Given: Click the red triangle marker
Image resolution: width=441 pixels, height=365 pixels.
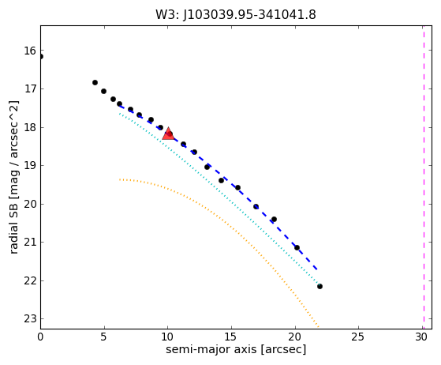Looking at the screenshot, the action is point(168,134).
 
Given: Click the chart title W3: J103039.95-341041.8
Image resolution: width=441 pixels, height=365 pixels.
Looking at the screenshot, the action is point(236,14).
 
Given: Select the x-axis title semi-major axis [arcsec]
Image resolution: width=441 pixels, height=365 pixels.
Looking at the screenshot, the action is point(236,349).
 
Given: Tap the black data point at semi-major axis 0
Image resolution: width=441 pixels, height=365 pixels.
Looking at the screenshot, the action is point(41,57).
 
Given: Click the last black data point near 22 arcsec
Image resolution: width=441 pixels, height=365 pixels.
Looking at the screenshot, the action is point(320,287).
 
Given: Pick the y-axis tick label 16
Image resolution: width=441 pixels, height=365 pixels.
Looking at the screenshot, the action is point(30,51).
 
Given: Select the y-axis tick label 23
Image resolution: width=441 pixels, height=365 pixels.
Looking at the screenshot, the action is point(30,319).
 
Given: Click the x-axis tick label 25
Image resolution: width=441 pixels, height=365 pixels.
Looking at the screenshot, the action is point(358,337).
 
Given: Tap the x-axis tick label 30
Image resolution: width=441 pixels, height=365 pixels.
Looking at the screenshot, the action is point(421,337).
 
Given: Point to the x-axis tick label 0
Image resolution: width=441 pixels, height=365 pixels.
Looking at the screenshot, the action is point(40,337).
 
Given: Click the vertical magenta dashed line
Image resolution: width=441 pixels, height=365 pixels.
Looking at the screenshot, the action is point(424,177).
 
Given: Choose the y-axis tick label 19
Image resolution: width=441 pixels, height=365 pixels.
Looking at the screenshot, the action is point(30,166).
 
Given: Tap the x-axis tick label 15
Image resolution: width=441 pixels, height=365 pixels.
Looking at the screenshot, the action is point(231,337).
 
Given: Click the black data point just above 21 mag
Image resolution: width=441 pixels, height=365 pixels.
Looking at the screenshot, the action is point(297,248).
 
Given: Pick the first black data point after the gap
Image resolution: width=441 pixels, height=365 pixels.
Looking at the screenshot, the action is point(95,82).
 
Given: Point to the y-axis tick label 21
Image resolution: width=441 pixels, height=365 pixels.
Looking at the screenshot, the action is point(30,243).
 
